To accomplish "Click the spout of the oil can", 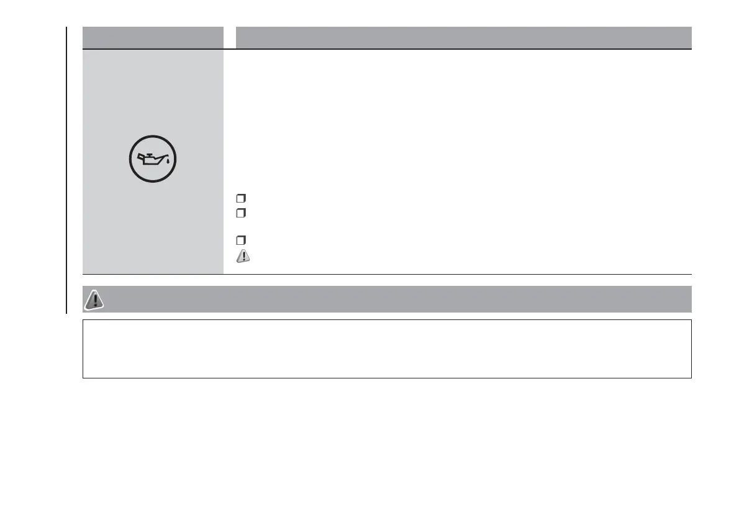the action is [x=165, y=158].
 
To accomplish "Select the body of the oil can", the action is [x=151, y=162].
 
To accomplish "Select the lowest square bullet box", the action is [x=240, y=240].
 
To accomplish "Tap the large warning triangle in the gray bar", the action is [x=94, y=300].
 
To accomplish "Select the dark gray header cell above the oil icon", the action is [x=153, y=37].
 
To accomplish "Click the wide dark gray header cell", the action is [x=463, y=37].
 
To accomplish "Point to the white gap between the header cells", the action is [x=230, y=37].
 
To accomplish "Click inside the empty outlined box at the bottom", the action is [x=386, y=349].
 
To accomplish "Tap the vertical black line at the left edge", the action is [x=65, y=168].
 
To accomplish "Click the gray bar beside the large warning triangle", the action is [x=397, y=299].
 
